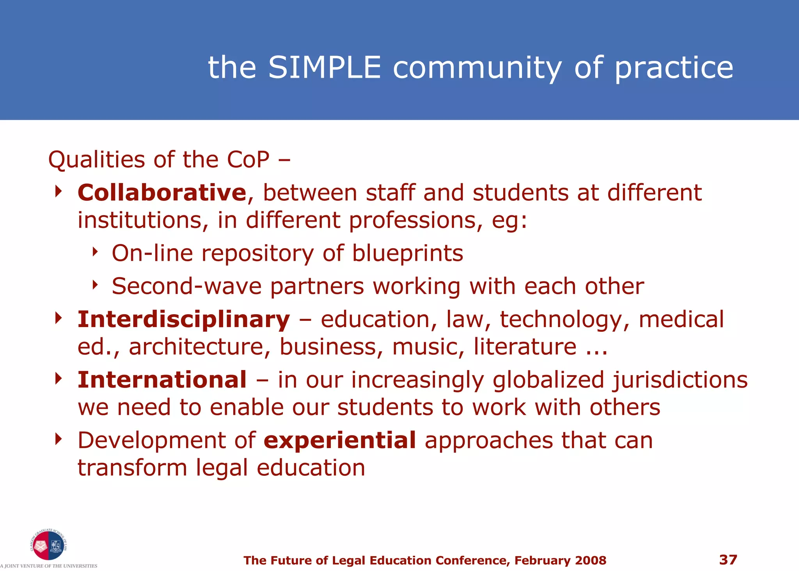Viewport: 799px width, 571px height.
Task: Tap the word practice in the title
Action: [674, 68]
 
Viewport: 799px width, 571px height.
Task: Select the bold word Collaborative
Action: [162, 193]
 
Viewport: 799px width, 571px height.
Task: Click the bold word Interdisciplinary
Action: [184, 319]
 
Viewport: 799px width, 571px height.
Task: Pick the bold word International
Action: [162, 380]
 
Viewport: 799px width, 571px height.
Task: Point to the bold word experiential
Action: [340, 441]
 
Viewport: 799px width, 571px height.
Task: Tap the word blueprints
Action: [408, 253]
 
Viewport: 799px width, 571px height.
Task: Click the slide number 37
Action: [728, 560]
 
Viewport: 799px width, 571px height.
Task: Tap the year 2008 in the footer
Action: [591, 560]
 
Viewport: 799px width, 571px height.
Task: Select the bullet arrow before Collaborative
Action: [59, 191]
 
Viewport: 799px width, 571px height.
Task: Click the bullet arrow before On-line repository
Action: [94, 252]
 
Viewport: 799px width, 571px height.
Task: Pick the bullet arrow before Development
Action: [59, 439]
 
